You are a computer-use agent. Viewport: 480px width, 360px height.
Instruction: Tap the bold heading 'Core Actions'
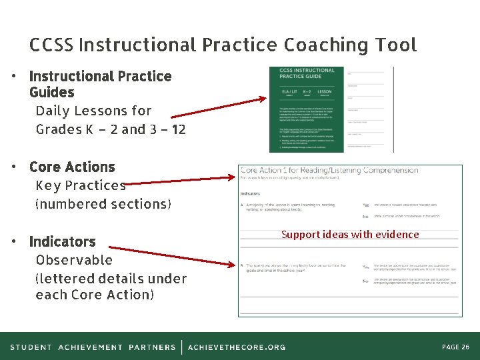[x=72, y=167]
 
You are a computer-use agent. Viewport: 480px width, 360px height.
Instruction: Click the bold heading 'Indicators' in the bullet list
[x=63, y=241]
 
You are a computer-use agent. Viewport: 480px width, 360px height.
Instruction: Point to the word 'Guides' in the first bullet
[x=52, y=93]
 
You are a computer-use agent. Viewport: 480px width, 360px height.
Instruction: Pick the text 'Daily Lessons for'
[x=93, y=111]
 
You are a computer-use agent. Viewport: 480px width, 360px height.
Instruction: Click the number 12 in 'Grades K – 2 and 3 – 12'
[x=178, y=129]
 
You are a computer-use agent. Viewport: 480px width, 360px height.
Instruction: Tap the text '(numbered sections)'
[x=103, y=204]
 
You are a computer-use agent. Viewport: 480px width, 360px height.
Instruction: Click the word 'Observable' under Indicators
[x=74, y=260]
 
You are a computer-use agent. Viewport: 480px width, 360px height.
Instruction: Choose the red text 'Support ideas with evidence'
[x=350, y=234]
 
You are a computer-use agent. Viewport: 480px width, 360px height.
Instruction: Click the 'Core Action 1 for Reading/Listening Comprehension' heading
[x=329, y=171]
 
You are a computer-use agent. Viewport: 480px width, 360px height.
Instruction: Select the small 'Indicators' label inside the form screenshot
[x=250, y=194]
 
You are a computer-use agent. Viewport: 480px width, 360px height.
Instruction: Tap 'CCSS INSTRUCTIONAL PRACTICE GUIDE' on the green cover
[x=307, y=73]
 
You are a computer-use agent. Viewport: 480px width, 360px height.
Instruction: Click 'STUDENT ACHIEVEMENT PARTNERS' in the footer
[x=93, y=347]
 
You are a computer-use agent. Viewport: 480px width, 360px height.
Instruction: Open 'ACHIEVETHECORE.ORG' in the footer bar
[x=237, y=347]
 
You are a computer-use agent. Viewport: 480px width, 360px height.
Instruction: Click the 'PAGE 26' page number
[x=456, y=347]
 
